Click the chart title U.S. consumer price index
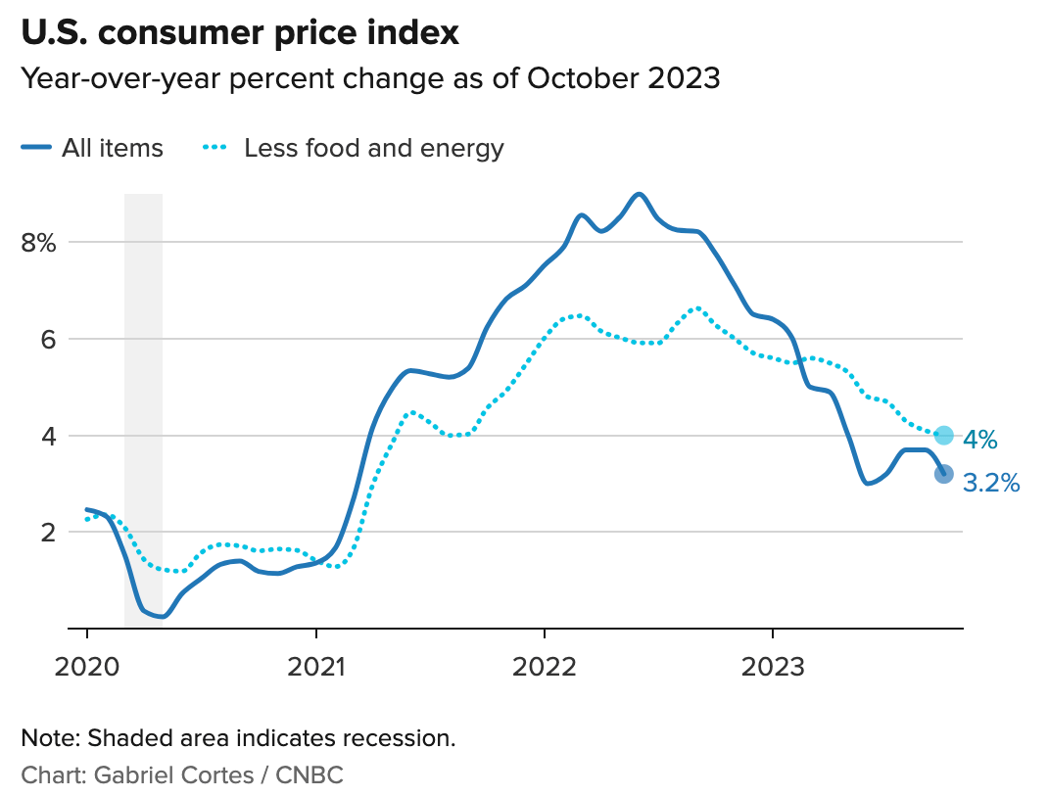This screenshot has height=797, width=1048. point(240,32)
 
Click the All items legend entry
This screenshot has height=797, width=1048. point(92,149)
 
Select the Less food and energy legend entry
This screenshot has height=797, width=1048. point(353,149)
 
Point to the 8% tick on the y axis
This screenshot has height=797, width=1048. point(40,242)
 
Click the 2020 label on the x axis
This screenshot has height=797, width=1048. point(86,667)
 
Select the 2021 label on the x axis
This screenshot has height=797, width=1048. point(315,667)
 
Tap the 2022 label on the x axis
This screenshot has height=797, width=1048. point(544,667)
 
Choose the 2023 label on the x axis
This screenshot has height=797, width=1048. point(772,667)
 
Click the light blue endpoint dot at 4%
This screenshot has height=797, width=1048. point(943,436)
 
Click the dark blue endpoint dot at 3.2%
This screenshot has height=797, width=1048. point(943,474)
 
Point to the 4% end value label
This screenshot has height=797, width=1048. point(980,440)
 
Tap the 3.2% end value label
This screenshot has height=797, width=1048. point(991,482)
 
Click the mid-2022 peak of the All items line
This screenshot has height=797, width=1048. point(640,194)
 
